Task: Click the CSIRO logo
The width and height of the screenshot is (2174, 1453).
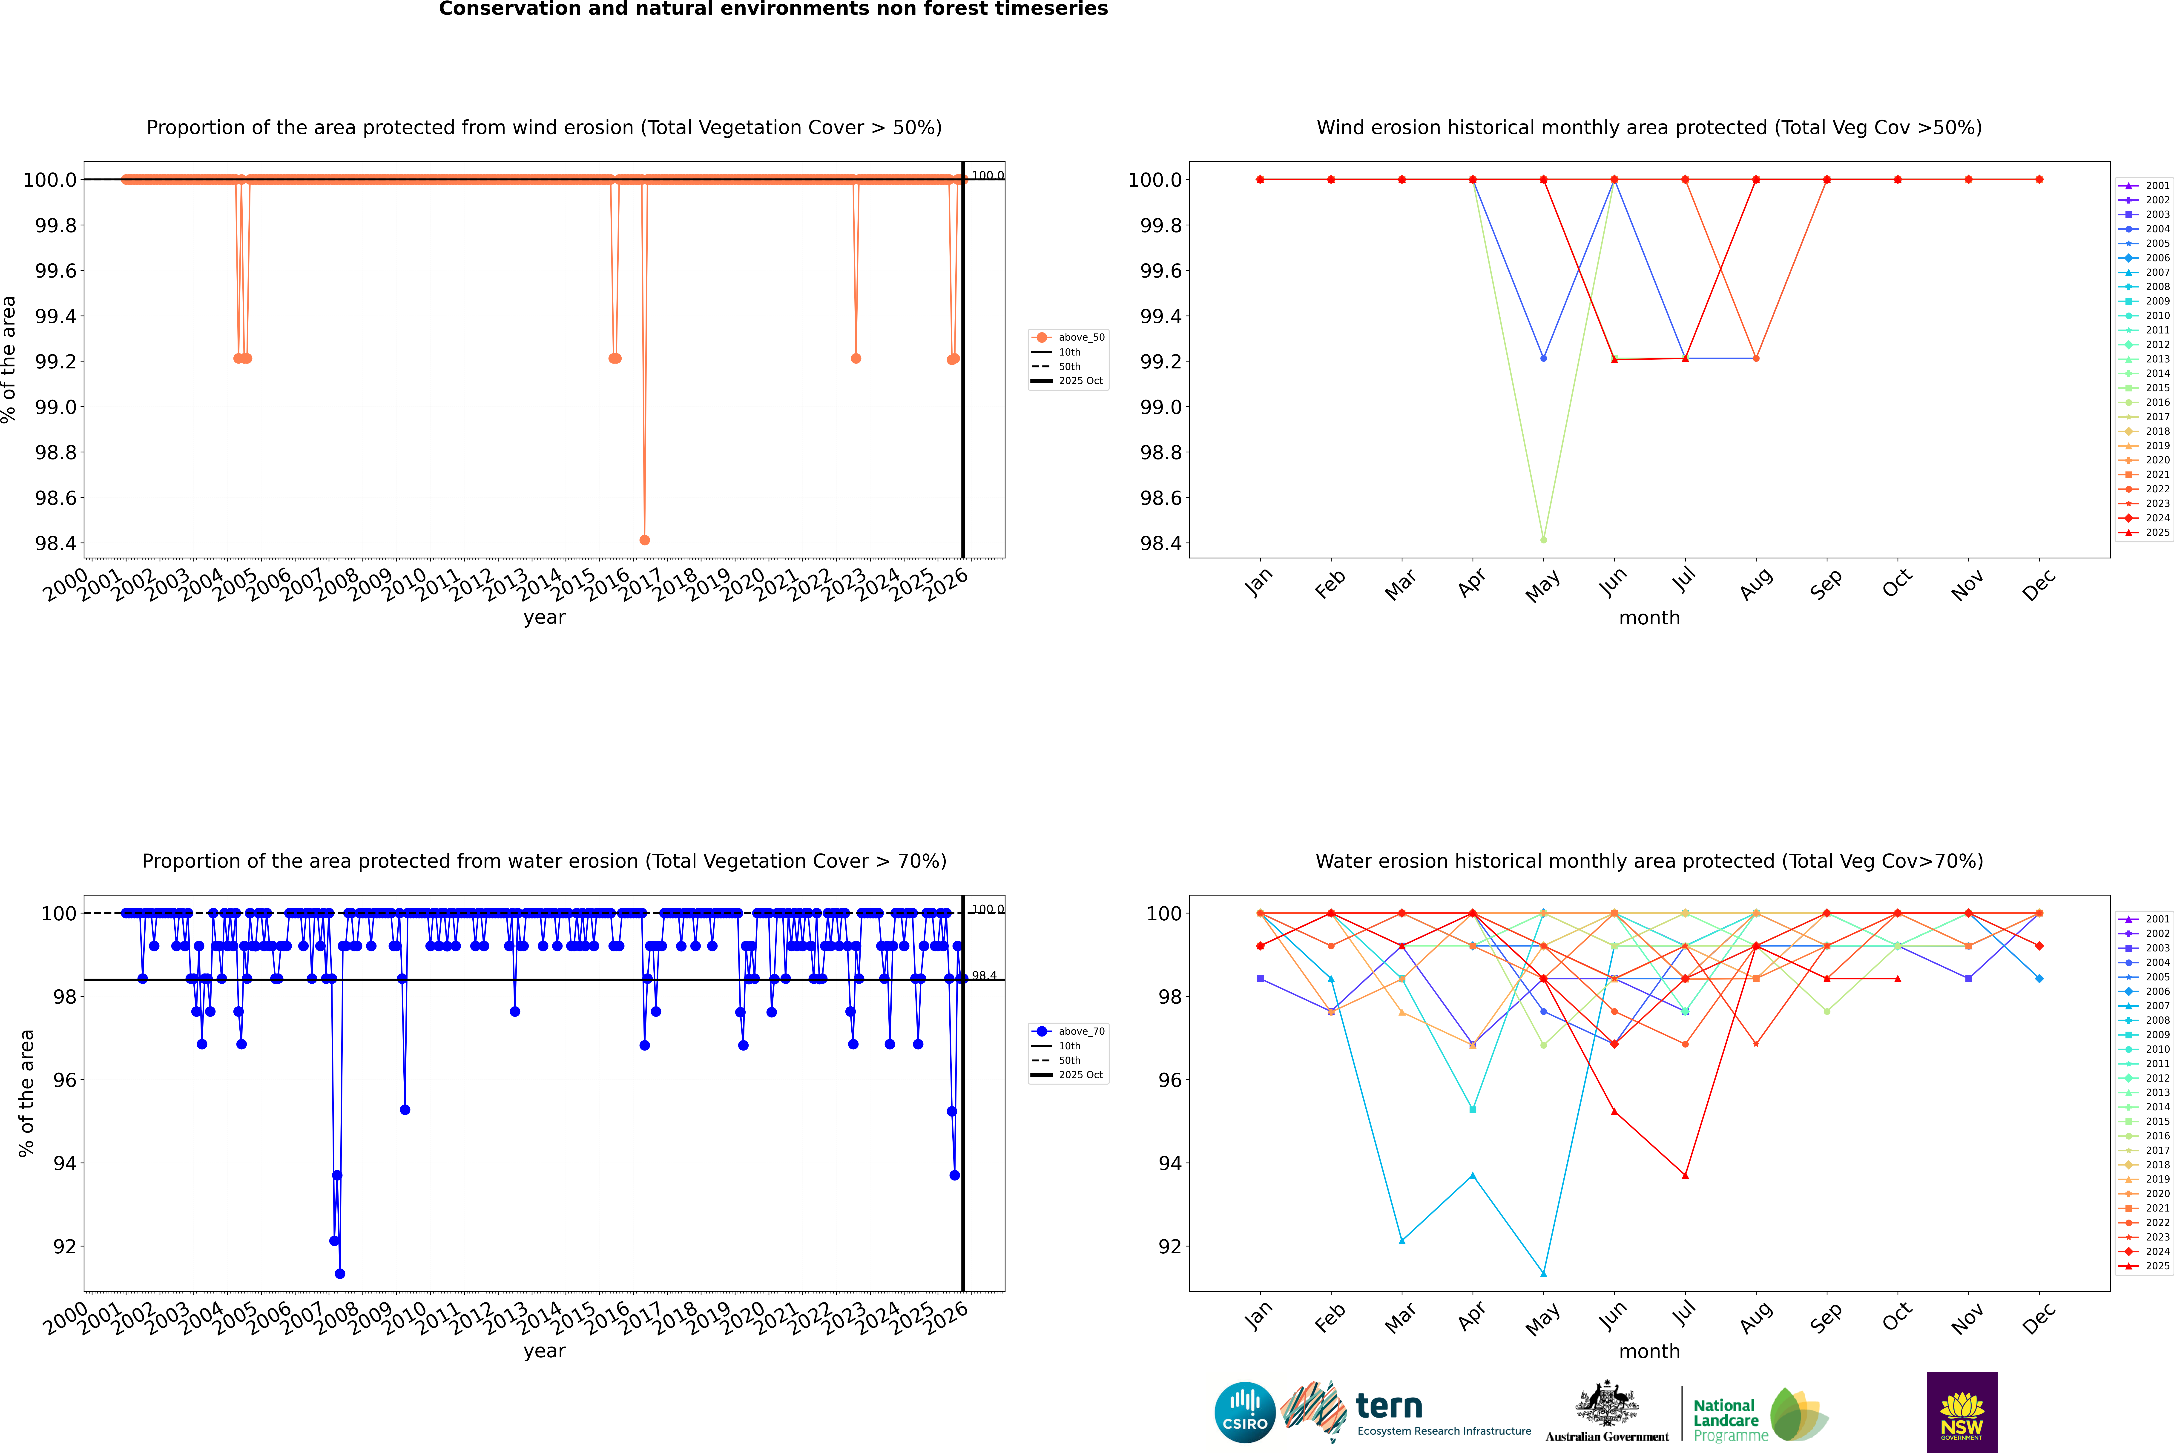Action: click(1245, 1412)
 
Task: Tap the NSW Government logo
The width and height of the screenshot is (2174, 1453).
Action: click(1962, 1412)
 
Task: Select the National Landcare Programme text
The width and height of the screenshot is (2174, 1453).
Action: click(1726, 1420)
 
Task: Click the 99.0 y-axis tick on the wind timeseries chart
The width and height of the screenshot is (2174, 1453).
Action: click(56, 407)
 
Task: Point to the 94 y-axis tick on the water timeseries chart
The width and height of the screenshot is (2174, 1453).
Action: click(65, 1163)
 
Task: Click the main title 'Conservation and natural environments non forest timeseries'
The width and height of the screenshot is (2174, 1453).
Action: click(773, 9)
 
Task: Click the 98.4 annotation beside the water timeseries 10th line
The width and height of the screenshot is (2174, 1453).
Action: click(984, 976)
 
